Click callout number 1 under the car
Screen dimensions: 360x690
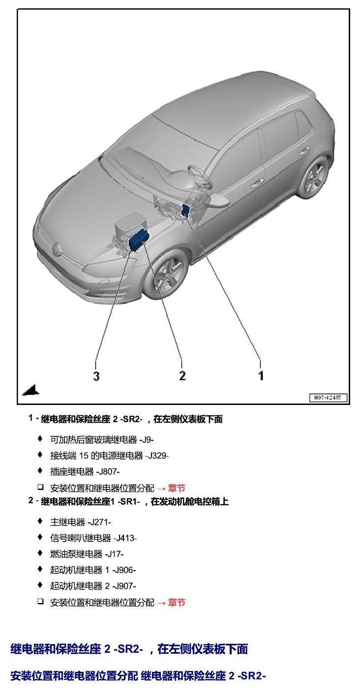pos(261,376)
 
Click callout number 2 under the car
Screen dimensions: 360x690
pos(182,376)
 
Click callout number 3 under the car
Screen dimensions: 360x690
pos(96,376)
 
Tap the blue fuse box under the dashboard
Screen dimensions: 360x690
pos(186,210)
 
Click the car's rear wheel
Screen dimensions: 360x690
pos(315,176)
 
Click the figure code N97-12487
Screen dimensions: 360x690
pos(328,398)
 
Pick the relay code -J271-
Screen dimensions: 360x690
pos(99,522)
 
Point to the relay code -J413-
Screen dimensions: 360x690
pos(125,538)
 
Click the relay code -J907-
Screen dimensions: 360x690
pos(124,586)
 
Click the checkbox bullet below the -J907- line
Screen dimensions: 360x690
pos(40,601)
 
